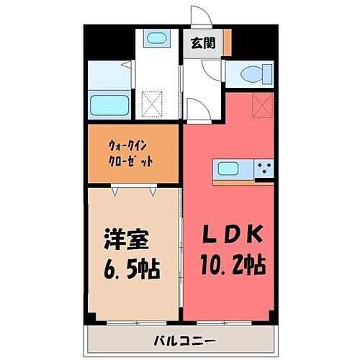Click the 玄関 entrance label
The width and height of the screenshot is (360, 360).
pos(202,42)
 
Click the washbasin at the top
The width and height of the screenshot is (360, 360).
pos(156,39)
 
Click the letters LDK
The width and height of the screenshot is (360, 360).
pos(229,236)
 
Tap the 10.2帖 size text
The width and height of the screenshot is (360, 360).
pos(229,265)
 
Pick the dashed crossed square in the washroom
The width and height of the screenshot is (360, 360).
pos(152,105)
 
